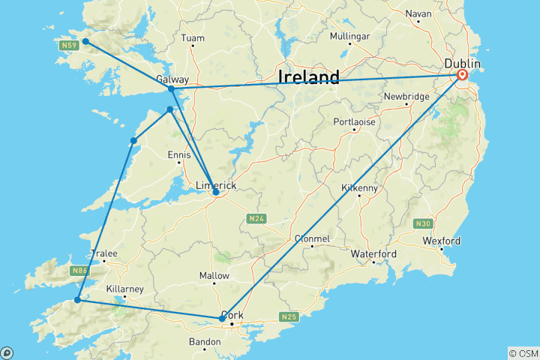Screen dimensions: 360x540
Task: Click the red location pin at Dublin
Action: (x=462, y=75)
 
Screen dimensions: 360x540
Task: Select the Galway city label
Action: (x=172, y=79)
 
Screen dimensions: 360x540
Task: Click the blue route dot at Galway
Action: (x=172, y=89)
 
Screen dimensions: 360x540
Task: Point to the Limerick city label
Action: (x=216, y=185)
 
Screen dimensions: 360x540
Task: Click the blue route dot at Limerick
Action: (x=216, y=192)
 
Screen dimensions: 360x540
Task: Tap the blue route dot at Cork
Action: (x=221, y=319)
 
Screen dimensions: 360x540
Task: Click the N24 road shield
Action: (x=253, y=219)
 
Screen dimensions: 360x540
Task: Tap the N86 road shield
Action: (x=79, y=269)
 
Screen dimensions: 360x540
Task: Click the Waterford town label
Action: (x=373, y=254)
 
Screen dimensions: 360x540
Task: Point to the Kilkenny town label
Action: (x=359, y=187)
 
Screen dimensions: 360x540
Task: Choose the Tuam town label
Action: (x=193, y=37)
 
